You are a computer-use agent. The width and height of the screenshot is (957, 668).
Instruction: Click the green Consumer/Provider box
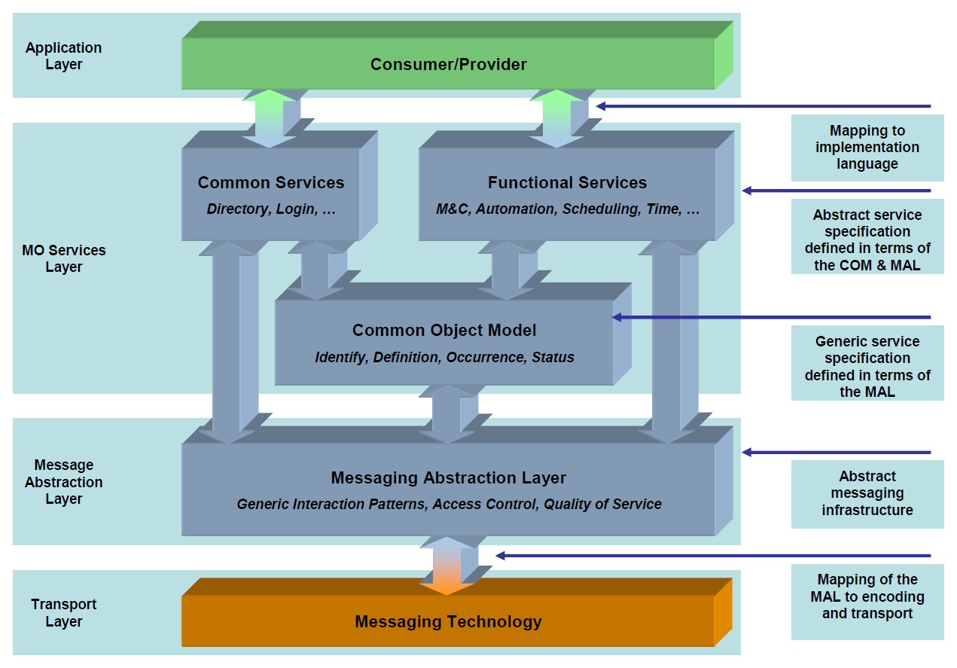coord(448,64)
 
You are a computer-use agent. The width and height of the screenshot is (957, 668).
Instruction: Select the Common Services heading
coord(271,182)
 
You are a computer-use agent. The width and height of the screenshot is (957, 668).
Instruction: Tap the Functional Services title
coord(567,182)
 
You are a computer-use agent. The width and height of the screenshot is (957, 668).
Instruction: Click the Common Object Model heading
coord(444,330)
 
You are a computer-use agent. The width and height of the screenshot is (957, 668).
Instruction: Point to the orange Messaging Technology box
coord(448,621)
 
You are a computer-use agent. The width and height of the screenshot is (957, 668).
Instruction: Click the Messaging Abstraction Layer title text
coord(448,477)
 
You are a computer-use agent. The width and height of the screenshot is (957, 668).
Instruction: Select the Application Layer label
coord(63,56)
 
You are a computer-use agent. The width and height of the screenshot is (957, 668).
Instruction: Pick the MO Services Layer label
coord(63,258)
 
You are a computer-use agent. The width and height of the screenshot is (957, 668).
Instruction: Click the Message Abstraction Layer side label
coord(63,482)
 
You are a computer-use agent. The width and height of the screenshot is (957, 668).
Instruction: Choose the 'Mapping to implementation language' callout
coord(867,148)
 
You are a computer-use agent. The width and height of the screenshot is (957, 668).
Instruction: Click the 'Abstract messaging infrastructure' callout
coord(867,493)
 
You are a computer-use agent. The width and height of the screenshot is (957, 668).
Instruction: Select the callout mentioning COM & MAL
coord(867,240)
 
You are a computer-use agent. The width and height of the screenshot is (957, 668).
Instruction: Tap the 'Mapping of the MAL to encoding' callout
coord(867,596)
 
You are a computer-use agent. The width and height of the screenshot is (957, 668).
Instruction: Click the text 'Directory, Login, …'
coord(271,209)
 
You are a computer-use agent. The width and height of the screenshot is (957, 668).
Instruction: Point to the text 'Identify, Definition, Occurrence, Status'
coord(444,357)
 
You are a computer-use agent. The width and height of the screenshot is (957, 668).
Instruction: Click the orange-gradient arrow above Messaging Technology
coord(448,565)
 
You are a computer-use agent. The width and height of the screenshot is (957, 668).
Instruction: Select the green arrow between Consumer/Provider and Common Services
coord(270,118)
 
